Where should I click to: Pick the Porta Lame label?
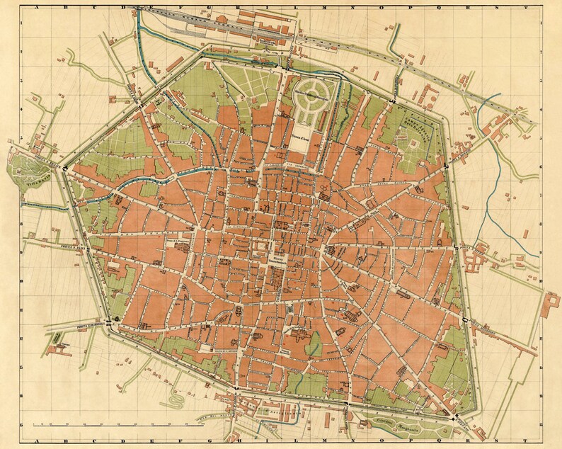[135, 91]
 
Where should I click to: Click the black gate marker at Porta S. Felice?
[66, 169]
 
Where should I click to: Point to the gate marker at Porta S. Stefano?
[458, 414]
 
